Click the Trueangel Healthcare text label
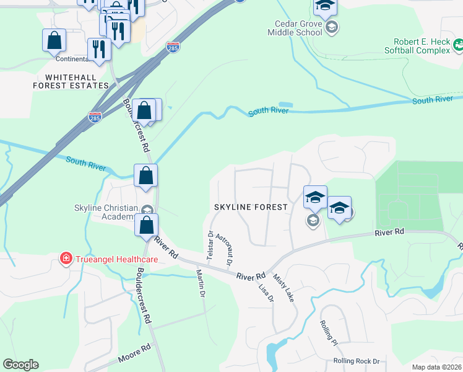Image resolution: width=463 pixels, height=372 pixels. pos(113,259)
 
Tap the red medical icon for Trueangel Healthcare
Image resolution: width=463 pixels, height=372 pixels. pos(65,259)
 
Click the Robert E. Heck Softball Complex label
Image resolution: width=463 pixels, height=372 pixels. pos(418,46)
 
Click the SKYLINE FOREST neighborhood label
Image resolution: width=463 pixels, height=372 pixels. pos(251,207)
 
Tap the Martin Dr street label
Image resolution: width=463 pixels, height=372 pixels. pos(201,283)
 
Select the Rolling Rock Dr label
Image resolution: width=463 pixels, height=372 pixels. pos(356,361)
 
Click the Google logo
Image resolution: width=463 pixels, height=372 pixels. pos(20,365)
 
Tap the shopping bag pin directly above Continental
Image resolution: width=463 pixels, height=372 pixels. pos(54,40)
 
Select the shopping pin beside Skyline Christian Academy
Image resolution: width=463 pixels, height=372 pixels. pos(146,224)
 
